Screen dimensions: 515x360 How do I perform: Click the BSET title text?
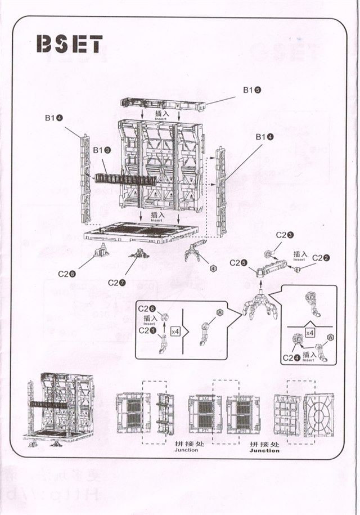point(69,44)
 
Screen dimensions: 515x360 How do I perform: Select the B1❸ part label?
point(101,150)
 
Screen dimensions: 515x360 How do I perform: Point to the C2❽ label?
point(67,274)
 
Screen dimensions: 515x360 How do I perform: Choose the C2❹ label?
point(290,357)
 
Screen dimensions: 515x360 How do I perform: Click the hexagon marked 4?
point(213,268)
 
